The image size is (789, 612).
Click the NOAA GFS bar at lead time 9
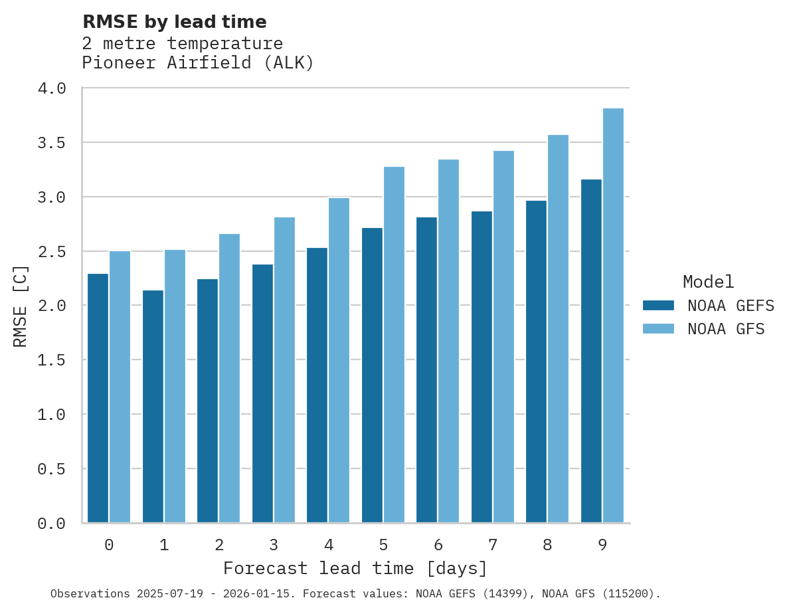(x=613, y=316)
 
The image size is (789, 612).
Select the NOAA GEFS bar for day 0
(x=98, y=398)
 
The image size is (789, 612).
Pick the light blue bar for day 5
(x=394, y=345)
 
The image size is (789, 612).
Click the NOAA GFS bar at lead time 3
(x=284, y=370)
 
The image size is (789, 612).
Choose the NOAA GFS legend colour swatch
(x=658, y=329)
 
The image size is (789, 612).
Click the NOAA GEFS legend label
(x=731, y=306)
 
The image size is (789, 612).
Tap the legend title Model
(x=708, y=282)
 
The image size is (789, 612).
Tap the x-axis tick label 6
(x=438, y=545)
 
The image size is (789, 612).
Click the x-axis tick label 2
(x=219, y=545)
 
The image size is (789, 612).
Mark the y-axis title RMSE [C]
(x=21, y=306)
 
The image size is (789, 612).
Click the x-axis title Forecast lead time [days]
(x=355, y=569)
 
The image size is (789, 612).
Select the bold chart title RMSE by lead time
(x=174, y=22)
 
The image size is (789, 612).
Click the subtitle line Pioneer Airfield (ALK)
(x=197, y=63)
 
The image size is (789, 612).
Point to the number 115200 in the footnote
(x=633, y=593)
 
